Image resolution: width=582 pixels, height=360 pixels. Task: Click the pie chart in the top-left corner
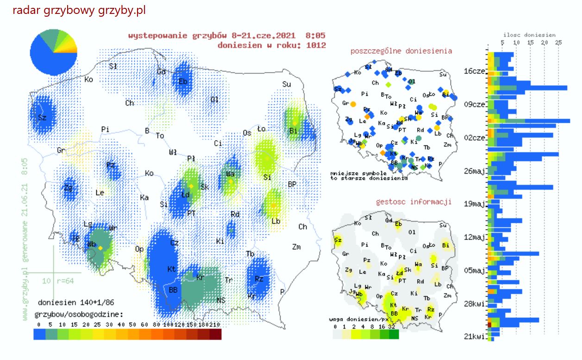[53, 52]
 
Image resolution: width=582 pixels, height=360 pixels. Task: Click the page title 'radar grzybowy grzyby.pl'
[79, 10]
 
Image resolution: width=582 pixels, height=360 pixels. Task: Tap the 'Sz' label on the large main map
[42, 118]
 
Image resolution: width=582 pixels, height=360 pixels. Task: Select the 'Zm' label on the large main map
[296, 247]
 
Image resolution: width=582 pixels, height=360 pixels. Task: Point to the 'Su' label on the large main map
[287, 84]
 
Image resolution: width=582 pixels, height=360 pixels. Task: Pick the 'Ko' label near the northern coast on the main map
[89, 80]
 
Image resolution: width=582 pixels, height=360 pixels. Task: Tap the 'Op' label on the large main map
[139, 249]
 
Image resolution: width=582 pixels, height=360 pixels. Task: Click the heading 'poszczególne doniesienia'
[401, 51]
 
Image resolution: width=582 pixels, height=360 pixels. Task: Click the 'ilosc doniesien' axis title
[529, 35]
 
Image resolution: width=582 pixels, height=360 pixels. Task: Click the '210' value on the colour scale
[214, 325]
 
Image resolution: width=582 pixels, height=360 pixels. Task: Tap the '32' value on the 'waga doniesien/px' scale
[393, 327]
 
